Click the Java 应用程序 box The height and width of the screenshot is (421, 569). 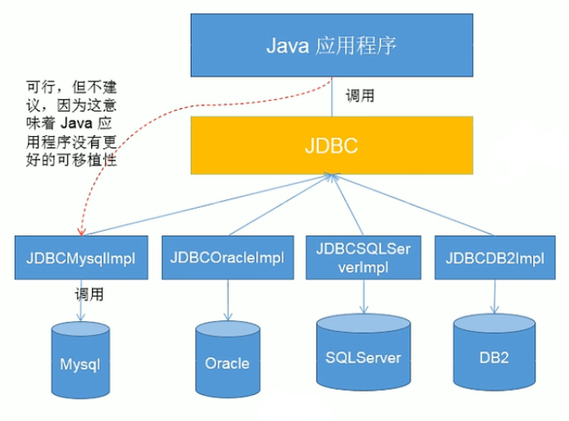pos(332,45)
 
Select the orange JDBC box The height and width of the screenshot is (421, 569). pos(332,146)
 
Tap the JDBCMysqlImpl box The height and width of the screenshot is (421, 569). pos(81,258)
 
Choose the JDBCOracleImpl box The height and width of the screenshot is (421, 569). pos(228,258)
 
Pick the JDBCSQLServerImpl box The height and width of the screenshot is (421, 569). pos(363,258)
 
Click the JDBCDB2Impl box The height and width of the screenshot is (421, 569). pos(495,258)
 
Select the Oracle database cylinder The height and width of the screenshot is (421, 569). pos(228,359)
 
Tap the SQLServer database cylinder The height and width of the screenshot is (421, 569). pos(363,352)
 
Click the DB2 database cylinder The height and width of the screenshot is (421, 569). pos(494,352)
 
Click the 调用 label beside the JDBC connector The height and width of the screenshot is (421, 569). pos(360,96)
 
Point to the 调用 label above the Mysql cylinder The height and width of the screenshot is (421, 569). pos(89,294)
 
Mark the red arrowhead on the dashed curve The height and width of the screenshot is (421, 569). pos(81,231)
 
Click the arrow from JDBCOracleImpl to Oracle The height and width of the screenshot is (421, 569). pos(228,301)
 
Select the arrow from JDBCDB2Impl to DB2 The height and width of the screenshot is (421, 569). pos(494,297)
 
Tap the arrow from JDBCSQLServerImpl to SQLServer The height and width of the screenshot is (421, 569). pos(363,297)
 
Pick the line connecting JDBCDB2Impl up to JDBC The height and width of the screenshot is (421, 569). pos(412,205)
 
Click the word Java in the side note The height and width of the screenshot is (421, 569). pos(76,124)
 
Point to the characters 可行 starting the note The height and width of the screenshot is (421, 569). pos(40,87)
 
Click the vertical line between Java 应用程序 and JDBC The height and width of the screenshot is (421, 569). pos(332,97)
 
